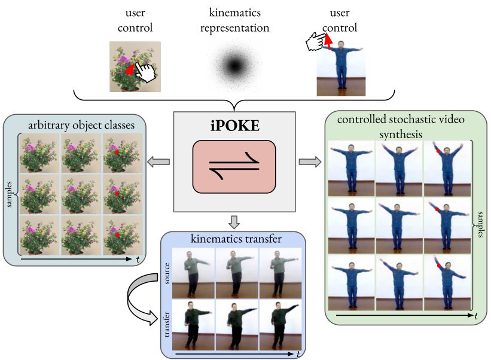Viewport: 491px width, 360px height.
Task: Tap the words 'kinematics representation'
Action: point(234,21)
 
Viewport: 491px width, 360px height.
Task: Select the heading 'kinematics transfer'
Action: point(234,240)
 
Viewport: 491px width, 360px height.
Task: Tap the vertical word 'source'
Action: point(168,273)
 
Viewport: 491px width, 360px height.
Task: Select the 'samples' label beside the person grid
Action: point(481,225)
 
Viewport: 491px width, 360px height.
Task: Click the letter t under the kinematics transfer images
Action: point(298,354)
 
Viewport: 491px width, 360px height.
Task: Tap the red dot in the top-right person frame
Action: point(438,152)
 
